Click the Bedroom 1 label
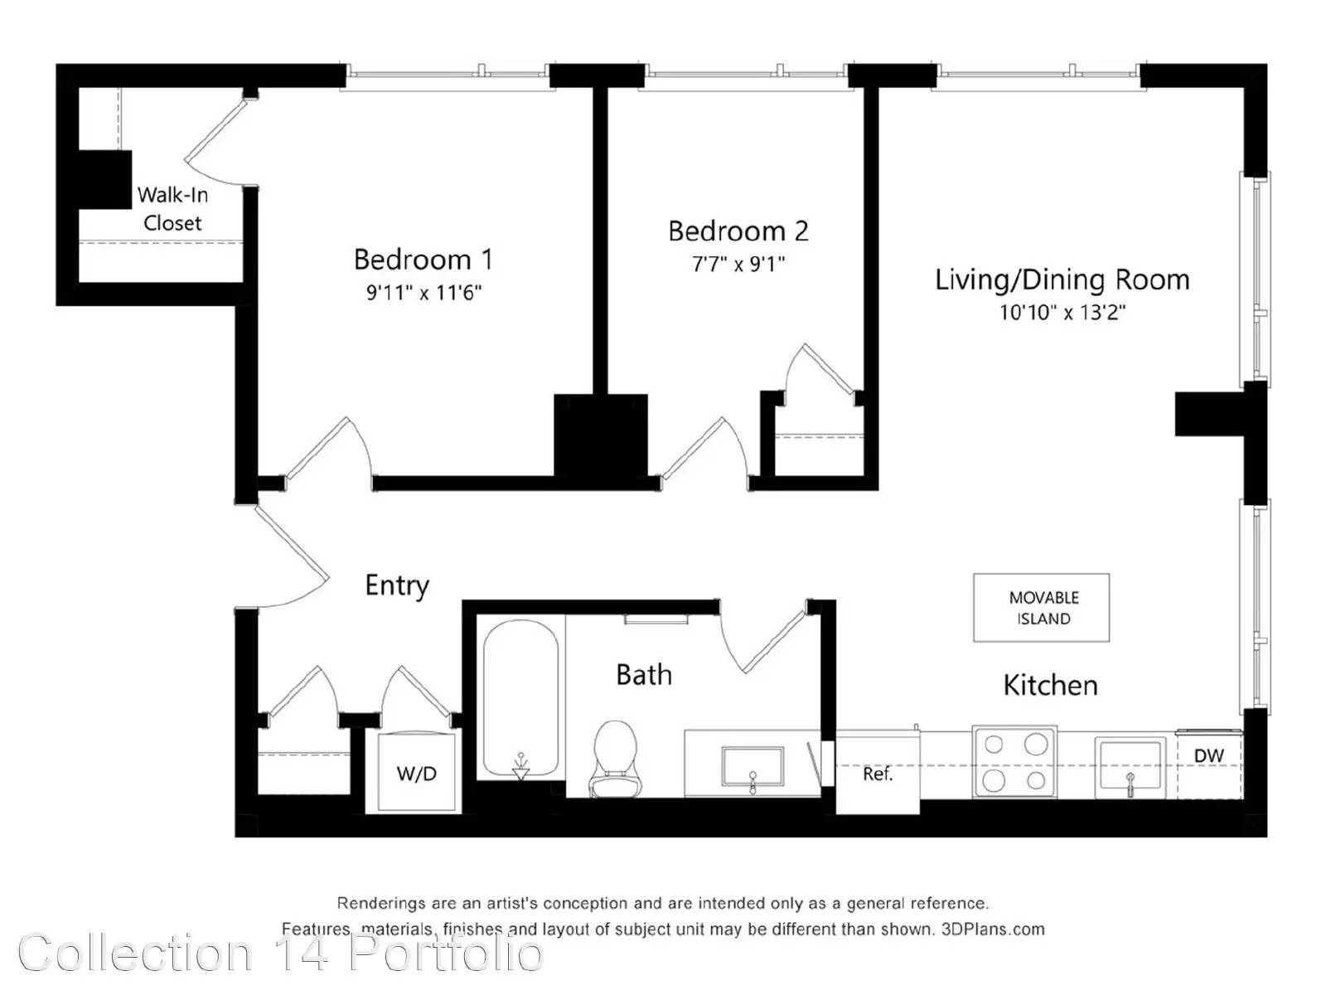[x=423, y=260]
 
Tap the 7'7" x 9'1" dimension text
[x=738, y=264]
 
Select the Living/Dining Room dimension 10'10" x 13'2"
[x=1062, y=313]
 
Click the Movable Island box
[x=1041, y=607]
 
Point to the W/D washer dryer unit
[x=416, y=773]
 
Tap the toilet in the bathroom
[x=615, y=759]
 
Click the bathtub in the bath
[x=520, y=699]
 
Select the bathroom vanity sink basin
[x=753, y=767]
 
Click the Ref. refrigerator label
[x=877, y=774]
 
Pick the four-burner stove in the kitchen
[x=1014, y=762]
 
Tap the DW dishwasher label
[x=1209, y=755]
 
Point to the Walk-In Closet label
[x=172, y=209]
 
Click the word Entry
[x=397, y=585]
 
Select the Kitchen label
[x=1050, y=685]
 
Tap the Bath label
[x=644, y=675]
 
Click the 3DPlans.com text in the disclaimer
[x=993, y=929]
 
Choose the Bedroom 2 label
[x=738, y=231]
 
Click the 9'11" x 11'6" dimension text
[x=423, y=293]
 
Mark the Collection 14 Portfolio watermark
[x=281, y=953]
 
